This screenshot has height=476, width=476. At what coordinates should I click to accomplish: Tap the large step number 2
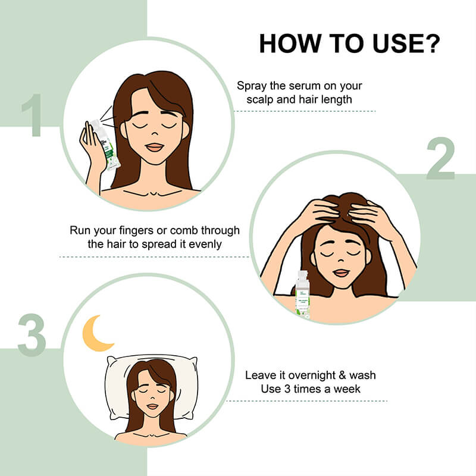coord(440,159)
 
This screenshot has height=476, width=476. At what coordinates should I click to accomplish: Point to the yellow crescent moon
coord(96,333)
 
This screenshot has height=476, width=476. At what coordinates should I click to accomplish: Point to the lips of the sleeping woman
coord(152,406)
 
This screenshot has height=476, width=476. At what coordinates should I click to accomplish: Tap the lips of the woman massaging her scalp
coord(340,273)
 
